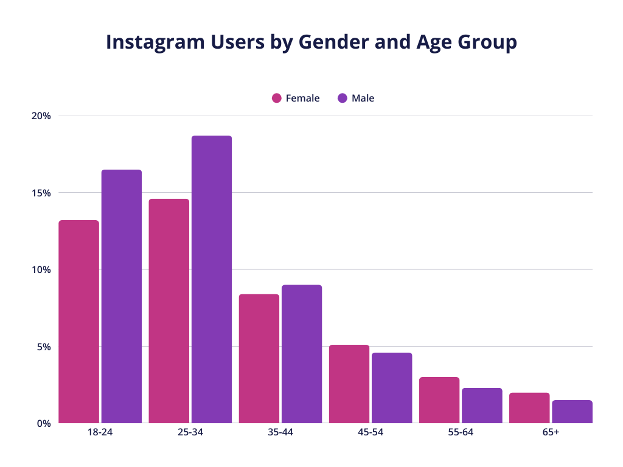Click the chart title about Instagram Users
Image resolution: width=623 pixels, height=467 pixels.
[311, 42]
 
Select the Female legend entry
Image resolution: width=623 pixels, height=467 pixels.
[296, 98]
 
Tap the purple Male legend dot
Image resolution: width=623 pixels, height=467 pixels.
[342, 98]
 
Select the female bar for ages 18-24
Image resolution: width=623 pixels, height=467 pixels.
[78, 322]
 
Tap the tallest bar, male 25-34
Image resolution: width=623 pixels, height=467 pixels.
[212, 279]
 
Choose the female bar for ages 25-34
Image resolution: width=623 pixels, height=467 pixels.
[169, 311]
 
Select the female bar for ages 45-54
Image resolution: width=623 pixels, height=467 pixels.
[349, 384]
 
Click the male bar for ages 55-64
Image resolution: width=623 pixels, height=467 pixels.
[482, 406]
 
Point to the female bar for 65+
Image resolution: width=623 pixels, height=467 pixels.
[529, 408]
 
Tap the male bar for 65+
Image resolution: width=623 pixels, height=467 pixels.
[572, 412]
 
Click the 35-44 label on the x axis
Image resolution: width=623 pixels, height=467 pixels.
[280, 433]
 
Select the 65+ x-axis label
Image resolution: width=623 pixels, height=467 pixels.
[551, 433]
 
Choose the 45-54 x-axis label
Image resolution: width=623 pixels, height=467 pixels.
[370, 433]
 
